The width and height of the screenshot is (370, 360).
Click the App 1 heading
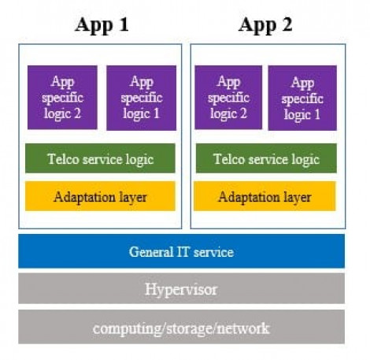(x=102, y=25)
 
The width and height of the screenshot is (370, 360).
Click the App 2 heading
(x=265, y=25)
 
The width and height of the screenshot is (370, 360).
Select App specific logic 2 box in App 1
(x=62, y=98)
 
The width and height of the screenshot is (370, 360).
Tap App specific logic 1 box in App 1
(x=142, y=98)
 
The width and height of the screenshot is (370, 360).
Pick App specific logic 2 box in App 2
(x=228, y=98)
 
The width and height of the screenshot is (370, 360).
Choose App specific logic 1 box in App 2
(x=302, y=98)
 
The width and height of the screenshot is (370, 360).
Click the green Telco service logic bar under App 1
(x=100, y=158)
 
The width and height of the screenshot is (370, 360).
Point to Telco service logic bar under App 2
(x=266, y=158)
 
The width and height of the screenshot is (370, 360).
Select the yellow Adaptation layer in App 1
(x=100, y=196)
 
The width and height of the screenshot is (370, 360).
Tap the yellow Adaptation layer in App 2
(x=265, y=196)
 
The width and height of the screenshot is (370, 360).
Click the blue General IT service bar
(x=182, y=251)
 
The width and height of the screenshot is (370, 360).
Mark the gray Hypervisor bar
(x=182, y=288)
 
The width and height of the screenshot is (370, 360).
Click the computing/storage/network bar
(x=182, y=327)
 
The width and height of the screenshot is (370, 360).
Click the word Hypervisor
(x=181, y=290)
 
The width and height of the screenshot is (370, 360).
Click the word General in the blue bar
(x=150, y=252)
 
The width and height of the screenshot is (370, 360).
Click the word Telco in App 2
(x=229, y=159)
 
